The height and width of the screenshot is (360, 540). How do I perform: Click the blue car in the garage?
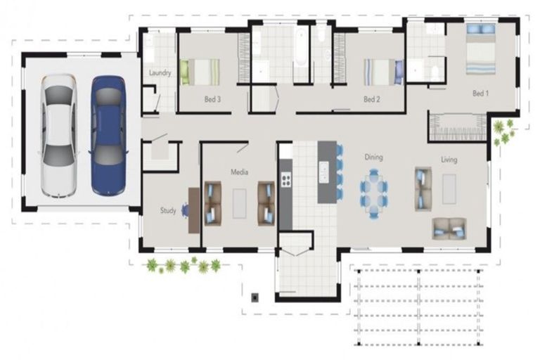click(108, 135)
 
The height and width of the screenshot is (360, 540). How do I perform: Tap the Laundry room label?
click(160, 72)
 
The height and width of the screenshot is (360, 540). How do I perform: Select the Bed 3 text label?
click(212, 100)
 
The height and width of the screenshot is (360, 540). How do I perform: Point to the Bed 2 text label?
click(372, 100)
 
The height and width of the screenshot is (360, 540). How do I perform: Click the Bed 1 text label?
click(480, 94)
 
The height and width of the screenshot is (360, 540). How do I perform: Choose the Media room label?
click(240, 171)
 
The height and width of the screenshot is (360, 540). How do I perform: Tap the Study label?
click(167, 210)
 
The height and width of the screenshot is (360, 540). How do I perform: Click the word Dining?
click(373, 157)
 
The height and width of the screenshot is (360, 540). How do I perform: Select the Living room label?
click(449, 160)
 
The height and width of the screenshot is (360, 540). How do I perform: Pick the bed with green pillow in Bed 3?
click(199, 72)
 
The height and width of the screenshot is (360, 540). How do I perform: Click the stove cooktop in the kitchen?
click(286, 179)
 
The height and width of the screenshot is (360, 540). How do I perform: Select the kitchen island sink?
click(324, 172)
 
